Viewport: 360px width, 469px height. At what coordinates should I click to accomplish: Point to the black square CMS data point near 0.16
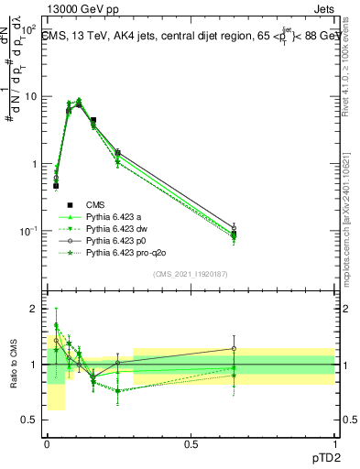tap(93, 120)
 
